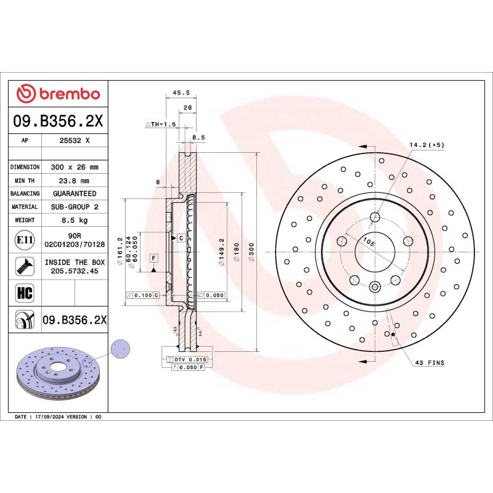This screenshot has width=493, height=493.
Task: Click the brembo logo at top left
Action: click(x=58, y=94)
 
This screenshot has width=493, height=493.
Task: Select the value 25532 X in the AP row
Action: click(x=75, y=141)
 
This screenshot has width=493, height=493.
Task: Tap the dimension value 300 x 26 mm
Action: click(x=75, y=167)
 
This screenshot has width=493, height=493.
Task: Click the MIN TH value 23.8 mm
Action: click(x=75, y=181)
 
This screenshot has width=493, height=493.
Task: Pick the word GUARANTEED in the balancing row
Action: click(x=75, y=194)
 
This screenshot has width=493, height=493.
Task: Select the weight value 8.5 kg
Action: click(x=75, y=220)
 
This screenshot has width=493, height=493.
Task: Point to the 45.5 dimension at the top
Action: click(x=180, y=93)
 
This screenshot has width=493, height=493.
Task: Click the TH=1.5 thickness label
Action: click(x=161, y=124)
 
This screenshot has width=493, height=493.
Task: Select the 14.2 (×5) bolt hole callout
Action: click(x=426, y=145)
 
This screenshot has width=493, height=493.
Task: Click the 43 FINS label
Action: click(x=430, y=363)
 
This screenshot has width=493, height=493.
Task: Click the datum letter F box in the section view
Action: click(x=153, y=257)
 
